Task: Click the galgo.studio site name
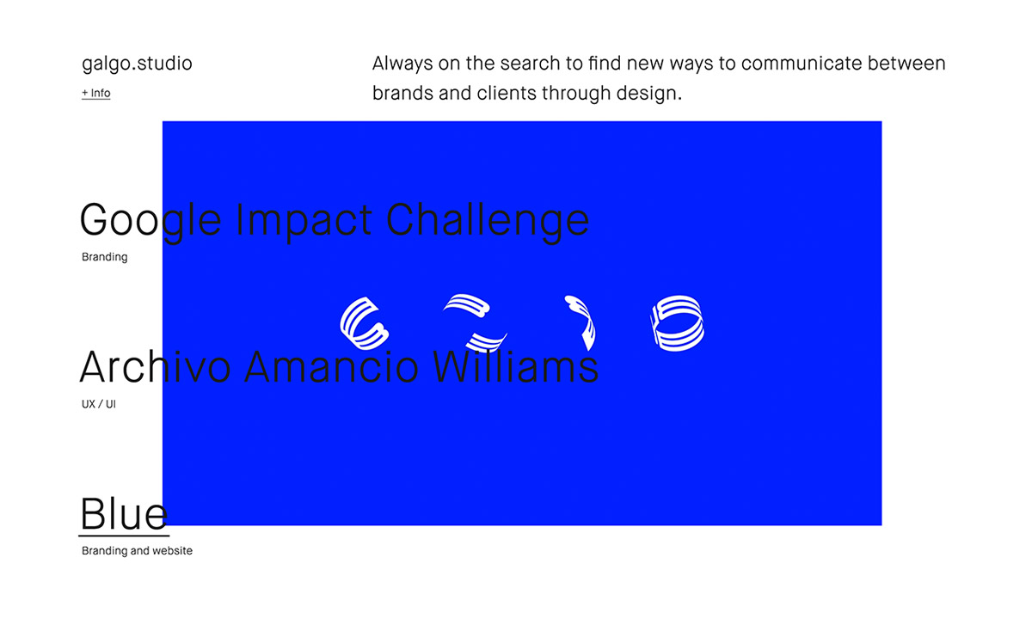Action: coord(137,64)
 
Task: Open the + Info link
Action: coord(95,93)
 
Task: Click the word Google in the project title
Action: coord(150,221)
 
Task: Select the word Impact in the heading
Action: coord(303,221)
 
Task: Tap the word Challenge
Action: coord(488,220)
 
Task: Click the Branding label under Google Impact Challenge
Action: coord(105,257)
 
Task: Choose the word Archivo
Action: coord(156,367)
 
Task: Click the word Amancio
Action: coord(331,367)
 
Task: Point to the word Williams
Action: coord(515,367)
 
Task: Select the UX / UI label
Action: coord(99,404)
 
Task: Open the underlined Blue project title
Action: coord(124,514)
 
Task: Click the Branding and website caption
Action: coord(137,551)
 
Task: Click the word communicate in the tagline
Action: coord(802,64)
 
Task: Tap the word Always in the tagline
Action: coord(402,64)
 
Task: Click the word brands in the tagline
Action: coord(402,93)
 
